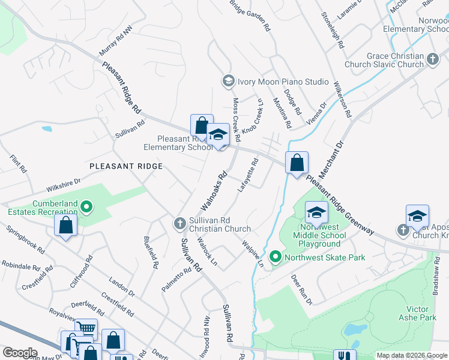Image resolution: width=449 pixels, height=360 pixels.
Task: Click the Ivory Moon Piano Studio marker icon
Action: coord(228,81)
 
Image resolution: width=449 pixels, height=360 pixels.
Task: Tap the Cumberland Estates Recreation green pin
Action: coord(86,208)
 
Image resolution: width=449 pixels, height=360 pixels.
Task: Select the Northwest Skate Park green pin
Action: coord(276,257)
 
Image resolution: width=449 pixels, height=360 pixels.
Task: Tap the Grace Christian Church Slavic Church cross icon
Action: coord(433,60)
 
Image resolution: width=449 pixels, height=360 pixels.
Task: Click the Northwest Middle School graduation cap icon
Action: coord(316,212)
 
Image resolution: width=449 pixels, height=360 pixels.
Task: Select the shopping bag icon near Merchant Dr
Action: coord(297,162)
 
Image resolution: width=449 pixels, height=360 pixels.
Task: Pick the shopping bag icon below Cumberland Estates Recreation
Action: coord(66,226)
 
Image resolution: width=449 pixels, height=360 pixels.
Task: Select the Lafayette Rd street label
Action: coord(247,175)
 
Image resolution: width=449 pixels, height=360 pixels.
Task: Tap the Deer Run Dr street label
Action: coord(302,289)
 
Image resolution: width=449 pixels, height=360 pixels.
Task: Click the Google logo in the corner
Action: coord(20,352)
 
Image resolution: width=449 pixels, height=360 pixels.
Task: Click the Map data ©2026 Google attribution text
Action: coord(412,355)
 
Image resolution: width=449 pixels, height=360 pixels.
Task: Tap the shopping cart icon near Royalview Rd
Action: coord(86,328)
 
